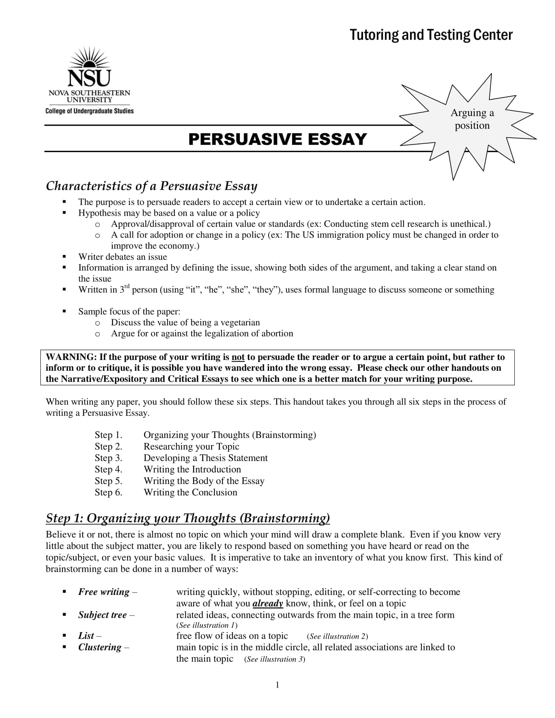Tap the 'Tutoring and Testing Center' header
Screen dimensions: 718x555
pyautogui.click(x=431, y=35)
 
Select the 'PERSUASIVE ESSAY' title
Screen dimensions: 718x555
pyautogui.click(x=277, y=139)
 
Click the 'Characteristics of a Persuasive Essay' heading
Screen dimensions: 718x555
pyautogui.click(x=151, y=186)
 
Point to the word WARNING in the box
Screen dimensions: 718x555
pyautogui.click(x=71, y=357)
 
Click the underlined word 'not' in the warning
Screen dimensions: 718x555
pyautogui.click(x=238, y=357)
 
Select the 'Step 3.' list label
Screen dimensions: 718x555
pyautogui.click(x=108, y=458)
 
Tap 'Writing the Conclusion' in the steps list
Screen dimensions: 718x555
pyautogui.click(x=190, y=492)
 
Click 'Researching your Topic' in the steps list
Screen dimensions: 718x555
pyautogui.click(x=191, y=446)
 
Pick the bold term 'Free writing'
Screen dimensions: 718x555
pyautogui.click(x=104, y=592)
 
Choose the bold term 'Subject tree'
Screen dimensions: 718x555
pyautogui.click(x=102, y=615)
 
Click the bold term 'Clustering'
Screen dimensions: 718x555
pyautogui.click(x=100, y=647)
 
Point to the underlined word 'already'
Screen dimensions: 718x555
pyautogui.click(x=268, y=603)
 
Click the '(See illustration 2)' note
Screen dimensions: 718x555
pyautogui.click(x=337, y=636)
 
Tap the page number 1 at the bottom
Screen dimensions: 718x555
pyautogui.click(x=277, y=685)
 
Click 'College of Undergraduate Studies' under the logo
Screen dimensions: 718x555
pyautogui.click(x=89, y=111)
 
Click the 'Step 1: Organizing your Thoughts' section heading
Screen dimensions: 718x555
pyautogui.click(x=188, y=518)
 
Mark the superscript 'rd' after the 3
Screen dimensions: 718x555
pyautogui.click(x=127, y=286)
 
